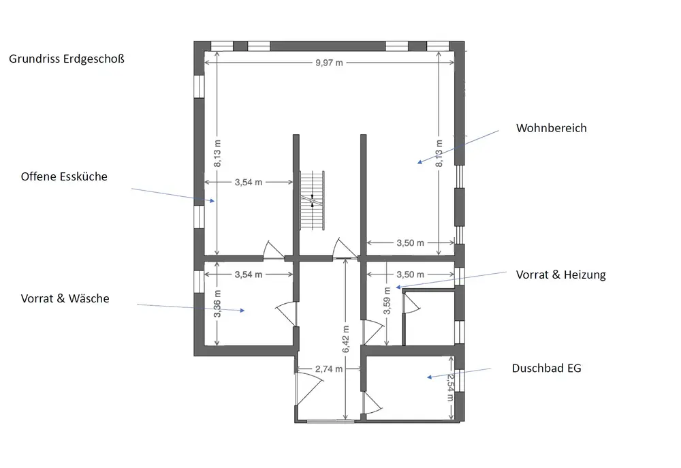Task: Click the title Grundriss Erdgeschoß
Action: click(66, 59)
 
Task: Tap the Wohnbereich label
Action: click(551, 128)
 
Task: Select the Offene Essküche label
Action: click(64, 176)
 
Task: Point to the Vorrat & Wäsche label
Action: click(65, 298)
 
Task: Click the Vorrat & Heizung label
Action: click(560, 275)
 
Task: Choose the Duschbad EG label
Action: click(546, 369)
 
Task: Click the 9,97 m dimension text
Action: click(329, 63)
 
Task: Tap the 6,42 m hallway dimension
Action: click(347, 338)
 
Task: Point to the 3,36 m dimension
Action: click(217, 305)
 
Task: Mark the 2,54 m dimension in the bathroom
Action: click(450, 386)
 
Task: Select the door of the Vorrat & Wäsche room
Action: click(288, 314)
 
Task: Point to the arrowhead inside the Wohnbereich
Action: click(420, 162)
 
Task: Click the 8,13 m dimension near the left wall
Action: click(217, 153)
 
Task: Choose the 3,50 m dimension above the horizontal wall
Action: click(410, 243)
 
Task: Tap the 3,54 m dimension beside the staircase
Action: click(248, 182)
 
